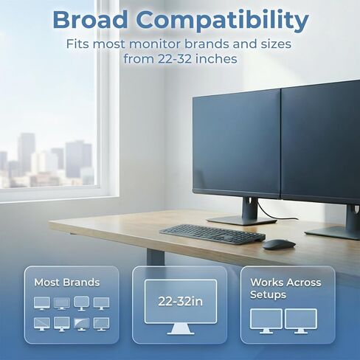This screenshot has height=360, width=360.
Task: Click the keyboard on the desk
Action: [x=211, y=233]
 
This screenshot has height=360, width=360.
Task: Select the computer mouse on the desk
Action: [x=278, y=244]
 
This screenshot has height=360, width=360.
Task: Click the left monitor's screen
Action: [x=236, y=144]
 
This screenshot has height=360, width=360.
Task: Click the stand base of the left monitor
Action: [x=241, y=220]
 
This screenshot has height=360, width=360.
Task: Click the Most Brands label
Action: [x=66, y=282]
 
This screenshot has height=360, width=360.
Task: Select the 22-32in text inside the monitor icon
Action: [x=180, y=301]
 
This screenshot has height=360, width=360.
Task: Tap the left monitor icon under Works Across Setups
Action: [x=266, y=319]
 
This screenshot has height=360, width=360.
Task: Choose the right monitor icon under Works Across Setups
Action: [x=300, y=319]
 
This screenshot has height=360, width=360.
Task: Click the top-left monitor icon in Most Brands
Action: [x=42, y=302]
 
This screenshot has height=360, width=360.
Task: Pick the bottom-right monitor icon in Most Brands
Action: [x=101, y=323]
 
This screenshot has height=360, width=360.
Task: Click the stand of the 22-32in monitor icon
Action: [x=180, y=329]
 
